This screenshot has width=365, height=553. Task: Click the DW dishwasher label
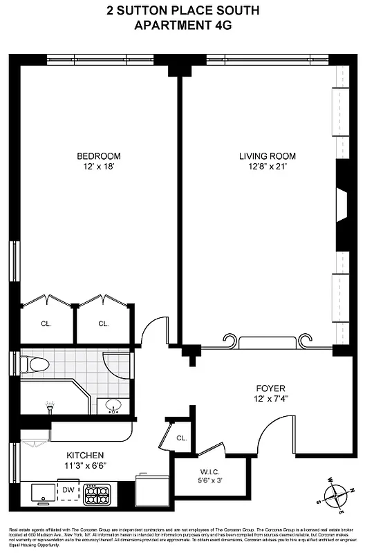click(68, 489)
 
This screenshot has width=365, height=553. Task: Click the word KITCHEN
click(85, 455)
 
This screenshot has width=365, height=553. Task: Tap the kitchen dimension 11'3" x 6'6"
click(85, 465)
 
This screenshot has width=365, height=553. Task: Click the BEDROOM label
click(98, 156)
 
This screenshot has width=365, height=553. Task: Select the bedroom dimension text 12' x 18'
click(98, 166)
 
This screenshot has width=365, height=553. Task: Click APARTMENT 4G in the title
click(182, 26)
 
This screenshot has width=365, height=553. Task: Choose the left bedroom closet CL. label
click(46, 324)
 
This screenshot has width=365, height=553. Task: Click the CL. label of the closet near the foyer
click(181, 438)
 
